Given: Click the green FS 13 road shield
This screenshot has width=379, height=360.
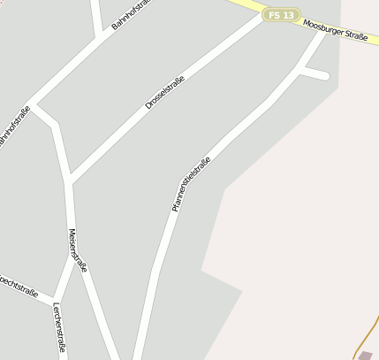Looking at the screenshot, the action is (280, 15).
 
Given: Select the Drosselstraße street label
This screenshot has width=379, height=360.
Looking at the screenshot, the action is (164, 93).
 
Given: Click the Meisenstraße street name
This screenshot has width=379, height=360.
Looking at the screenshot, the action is (77, 250).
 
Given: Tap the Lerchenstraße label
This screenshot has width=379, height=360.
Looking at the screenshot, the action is (59, 327).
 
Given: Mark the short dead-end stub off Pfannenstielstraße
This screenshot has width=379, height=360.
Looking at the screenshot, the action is (316, 74).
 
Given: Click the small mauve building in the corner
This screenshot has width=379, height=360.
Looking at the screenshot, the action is (367, 355).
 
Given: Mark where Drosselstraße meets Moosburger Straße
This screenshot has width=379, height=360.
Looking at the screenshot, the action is (264, 17).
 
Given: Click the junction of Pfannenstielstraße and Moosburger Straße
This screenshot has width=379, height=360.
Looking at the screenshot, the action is (322, 34).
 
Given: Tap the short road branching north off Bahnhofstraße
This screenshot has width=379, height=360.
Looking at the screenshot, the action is (96, 18).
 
